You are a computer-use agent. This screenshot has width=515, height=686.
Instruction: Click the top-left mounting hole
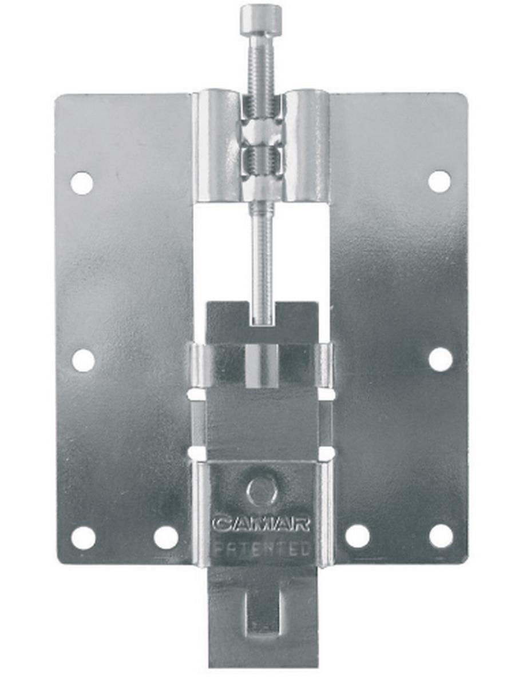click(82, 183)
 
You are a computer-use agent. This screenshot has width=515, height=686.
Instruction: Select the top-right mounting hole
click(439, 181)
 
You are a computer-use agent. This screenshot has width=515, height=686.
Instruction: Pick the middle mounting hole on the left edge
click(83, 360)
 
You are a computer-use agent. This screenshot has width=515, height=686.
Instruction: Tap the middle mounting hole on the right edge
click(441, 360)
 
